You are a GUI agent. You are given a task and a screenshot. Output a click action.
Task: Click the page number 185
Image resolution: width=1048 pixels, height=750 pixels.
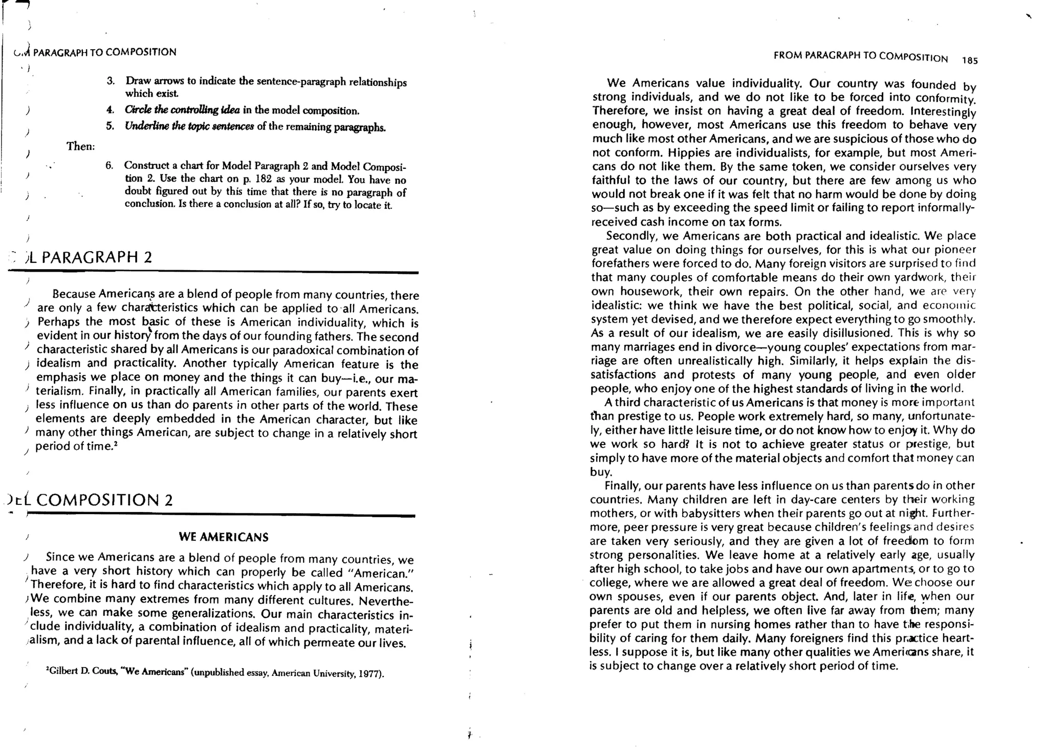(x=969, y=60)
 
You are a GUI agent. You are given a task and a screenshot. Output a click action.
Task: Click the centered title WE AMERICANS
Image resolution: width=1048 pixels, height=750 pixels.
(x=224, y=537)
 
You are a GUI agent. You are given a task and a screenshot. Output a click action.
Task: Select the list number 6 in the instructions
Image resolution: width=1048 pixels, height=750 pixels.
(x=109, y=165)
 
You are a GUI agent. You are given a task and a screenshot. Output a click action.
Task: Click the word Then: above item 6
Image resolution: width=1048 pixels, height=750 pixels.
(x=81, y=146)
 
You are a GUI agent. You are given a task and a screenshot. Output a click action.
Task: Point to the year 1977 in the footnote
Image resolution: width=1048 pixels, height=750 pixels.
(x=369, y=674)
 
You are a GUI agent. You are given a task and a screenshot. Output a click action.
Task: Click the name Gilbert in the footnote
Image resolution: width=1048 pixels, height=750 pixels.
(x=64, y=672)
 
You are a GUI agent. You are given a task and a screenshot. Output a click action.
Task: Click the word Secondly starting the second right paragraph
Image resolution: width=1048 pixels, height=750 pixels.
(x=628, y=236)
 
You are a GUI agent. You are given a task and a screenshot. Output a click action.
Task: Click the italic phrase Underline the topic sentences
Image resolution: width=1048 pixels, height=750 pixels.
(x=189, y=126)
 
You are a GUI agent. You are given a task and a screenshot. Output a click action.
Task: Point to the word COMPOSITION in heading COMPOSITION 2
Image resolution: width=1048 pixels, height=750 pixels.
(x=98, y=500)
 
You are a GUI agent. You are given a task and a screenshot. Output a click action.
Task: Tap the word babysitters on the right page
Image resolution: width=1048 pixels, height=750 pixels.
(x=670, y=513)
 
